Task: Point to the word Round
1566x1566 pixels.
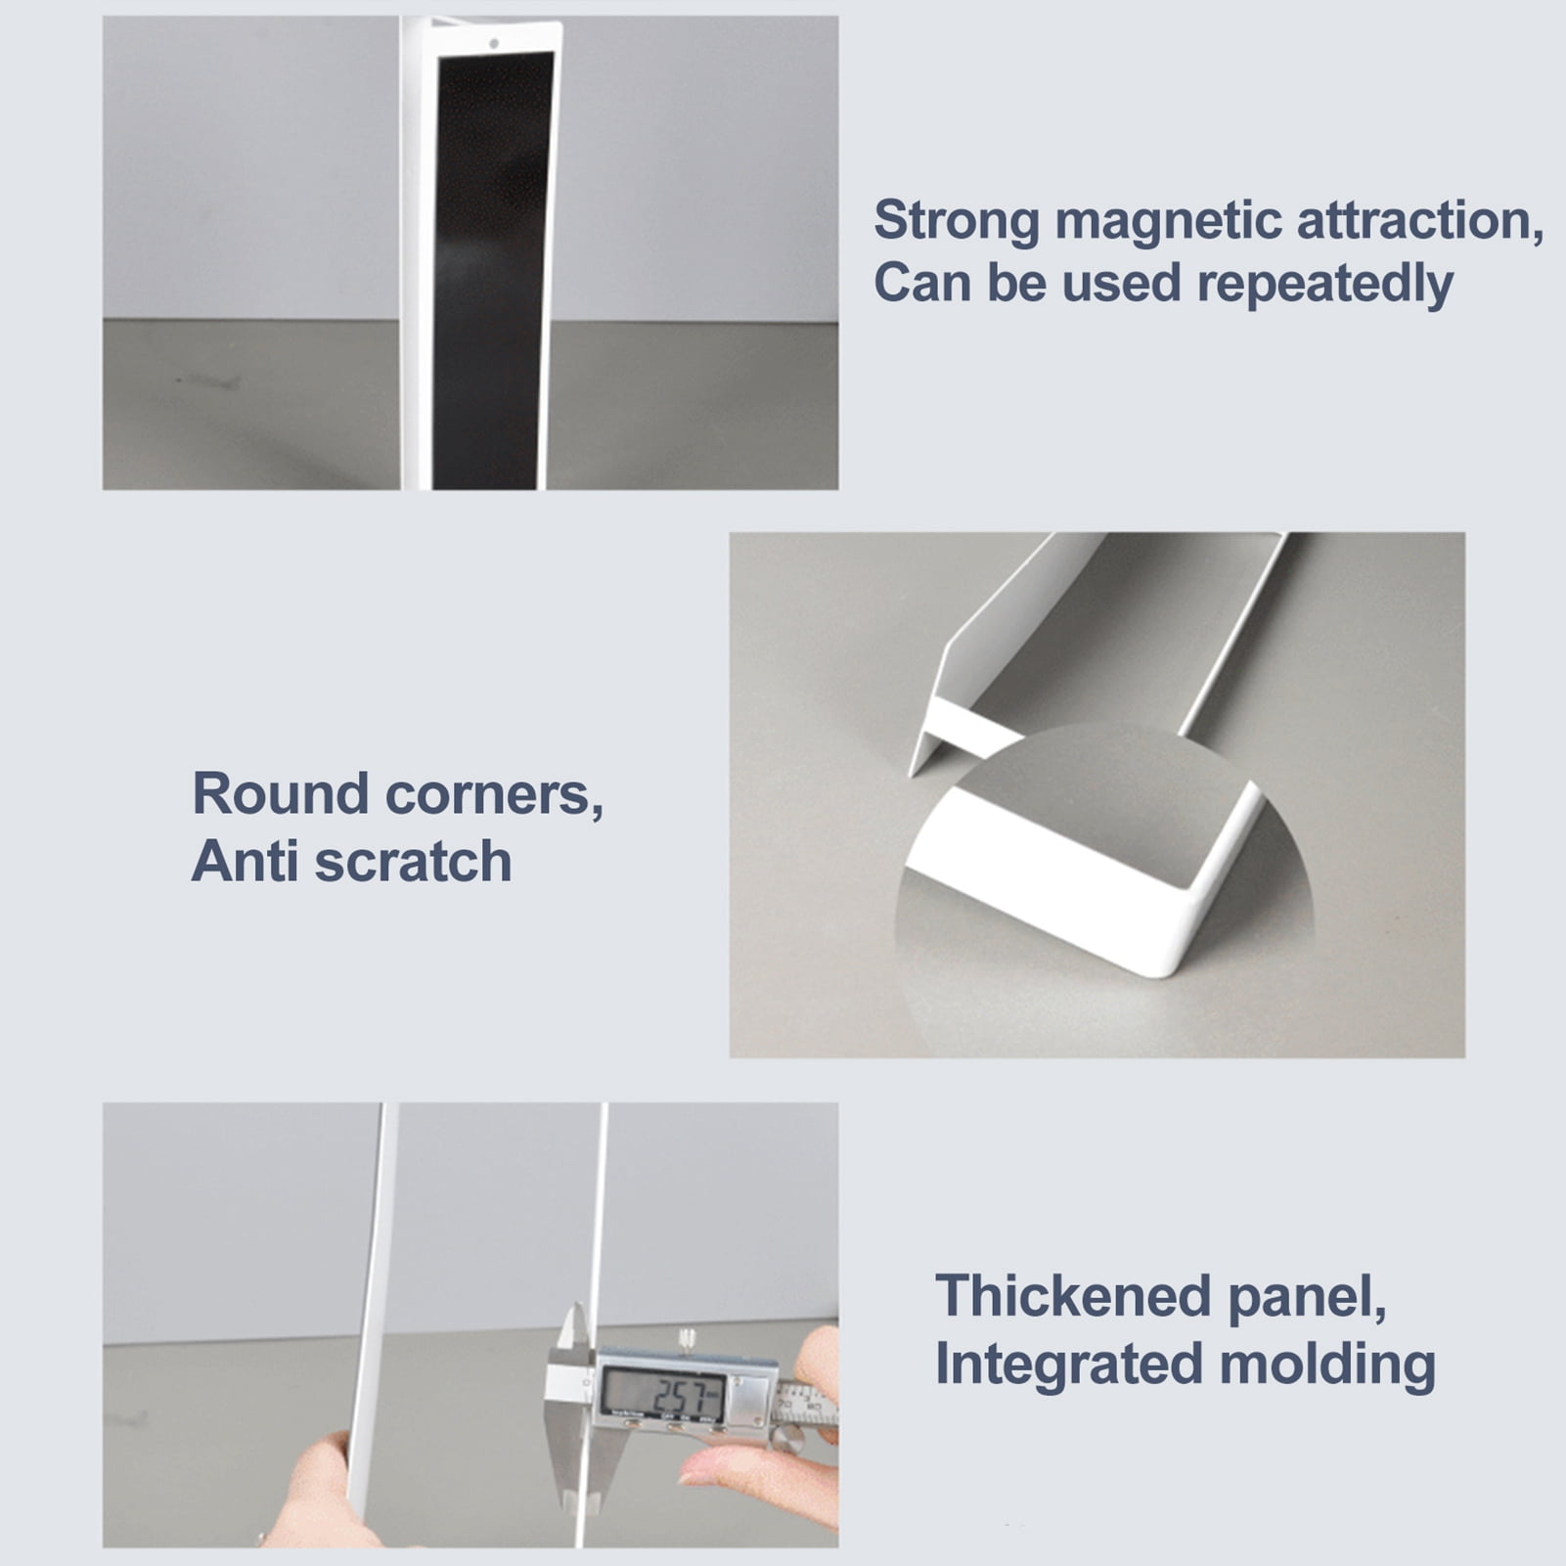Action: (x=281, y=793)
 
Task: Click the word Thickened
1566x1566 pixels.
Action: (x=1074, y=1295)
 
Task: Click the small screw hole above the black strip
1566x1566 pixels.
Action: (x=494, y=43)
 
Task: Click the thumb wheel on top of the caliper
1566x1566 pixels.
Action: (x=688, y=1336)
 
